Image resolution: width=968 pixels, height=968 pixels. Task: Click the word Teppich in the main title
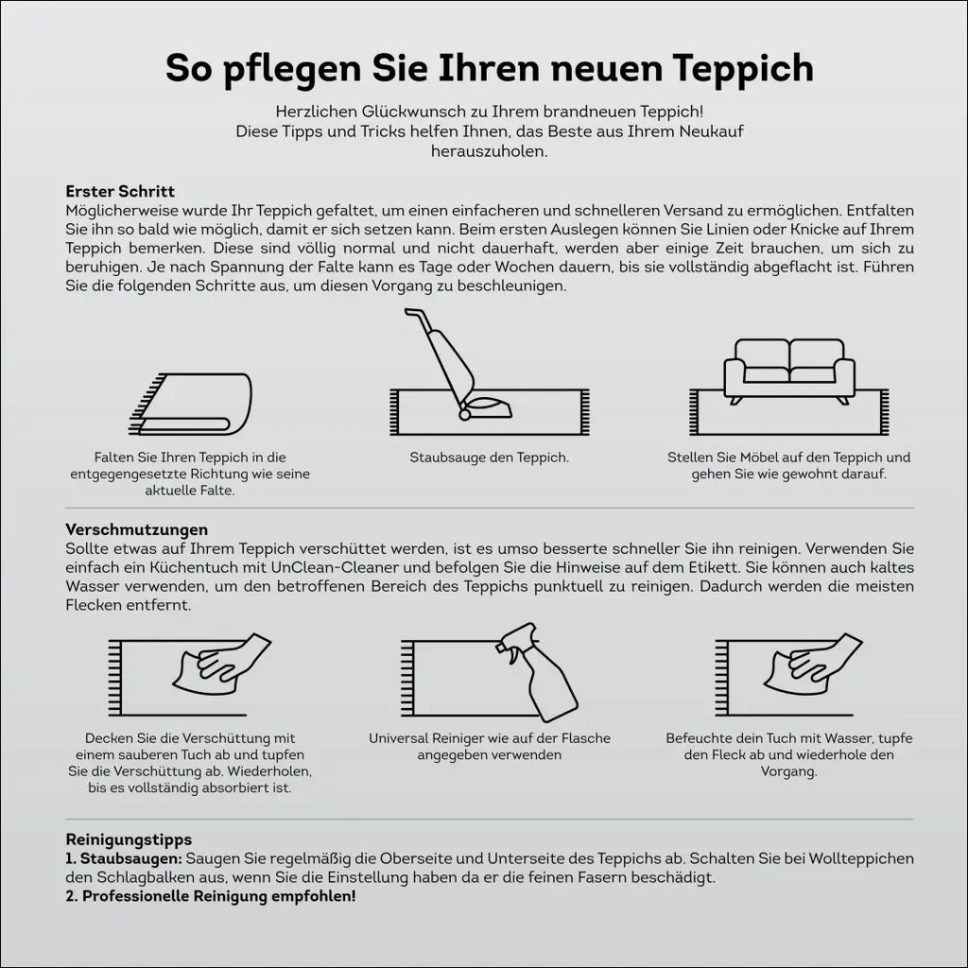pos(743,69)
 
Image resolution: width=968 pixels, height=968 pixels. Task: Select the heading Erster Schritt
pos(120,191)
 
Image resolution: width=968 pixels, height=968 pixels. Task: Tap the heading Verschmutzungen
pos(136,529)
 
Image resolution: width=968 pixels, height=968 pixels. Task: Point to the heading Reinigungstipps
pos(129,839)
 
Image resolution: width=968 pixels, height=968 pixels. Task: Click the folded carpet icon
pos(190,404)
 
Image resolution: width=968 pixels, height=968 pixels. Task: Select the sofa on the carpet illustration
pos(789,372)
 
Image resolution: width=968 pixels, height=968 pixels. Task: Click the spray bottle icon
pos(537,673)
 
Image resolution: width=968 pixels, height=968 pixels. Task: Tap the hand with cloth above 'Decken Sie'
pos(222,664)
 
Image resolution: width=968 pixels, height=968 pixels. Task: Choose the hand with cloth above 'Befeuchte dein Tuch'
pos(813,664)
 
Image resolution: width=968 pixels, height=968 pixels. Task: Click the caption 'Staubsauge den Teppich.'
pos(490,458)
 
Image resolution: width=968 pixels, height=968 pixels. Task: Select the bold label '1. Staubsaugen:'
pos(124,858)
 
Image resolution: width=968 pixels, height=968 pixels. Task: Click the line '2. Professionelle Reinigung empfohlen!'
pos(211,896)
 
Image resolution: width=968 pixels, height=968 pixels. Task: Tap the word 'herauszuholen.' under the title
pos(490,151)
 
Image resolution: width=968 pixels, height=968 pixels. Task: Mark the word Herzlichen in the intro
pos(316,112)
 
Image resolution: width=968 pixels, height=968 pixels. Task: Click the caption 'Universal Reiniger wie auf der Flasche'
pos(490,738)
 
